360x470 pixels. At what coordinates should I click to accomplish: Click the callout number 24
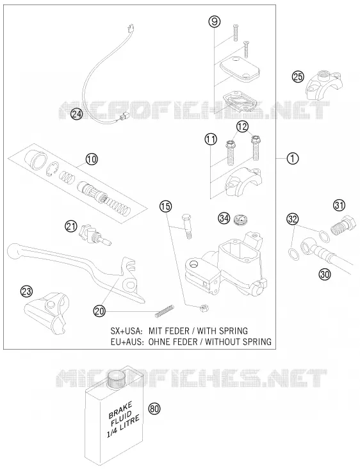tap(77, 114)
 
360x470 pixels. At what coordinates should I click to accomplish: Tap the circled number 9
tap(215, 22)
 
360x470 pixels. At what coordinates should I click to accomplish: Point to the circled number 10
tap(92, 159)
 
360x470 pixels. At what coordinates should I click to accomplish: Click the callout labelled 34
tap(224, 218)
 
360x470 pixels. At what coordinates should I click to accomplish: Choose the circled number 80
tap(154, 409)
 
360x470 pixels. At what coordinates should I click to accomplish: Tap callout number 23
tap(26, 291)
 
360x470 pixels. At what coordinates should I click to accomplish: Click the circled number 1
tap(293, 158)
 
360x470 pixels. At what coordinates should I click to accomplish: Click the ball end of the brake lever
tap(13, 251)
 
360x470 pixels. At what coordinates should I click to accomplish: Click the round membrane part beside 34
tap(241, 220)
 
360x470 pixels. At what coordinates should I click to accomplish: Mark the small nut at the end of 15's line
tap(204, 307)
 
